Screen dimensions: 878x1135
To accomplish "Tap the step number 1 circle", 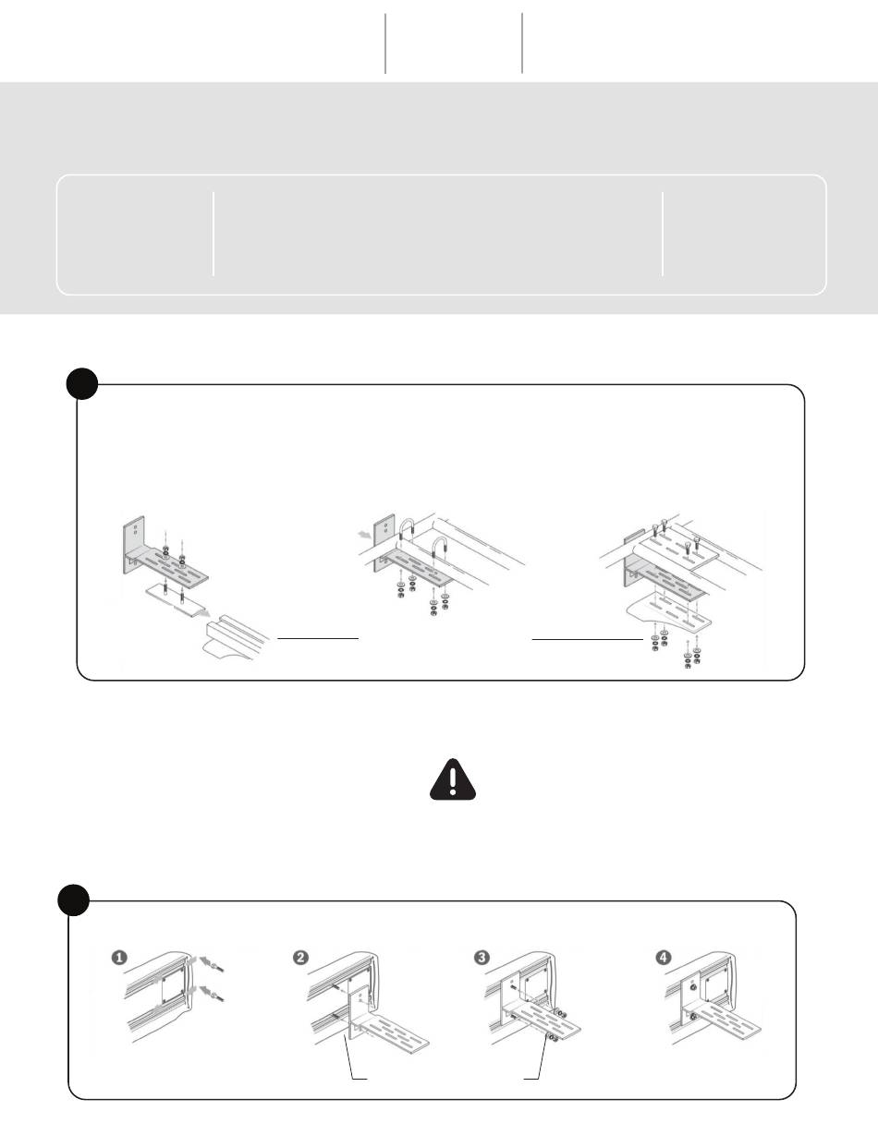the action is coord(119,958).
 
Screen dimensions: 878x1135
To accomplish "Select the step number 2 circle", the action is coord(300,958).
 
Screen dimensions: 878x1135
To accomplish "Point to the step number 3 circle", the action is coord(482,958).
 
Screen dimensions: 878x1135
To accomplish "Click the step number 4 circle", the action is coord(664,958).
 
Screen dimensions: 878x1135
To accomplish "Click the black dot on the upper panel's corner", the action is coord(82,384).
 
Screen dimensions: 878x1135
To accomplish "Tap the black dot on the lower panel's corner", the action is coord(74,900).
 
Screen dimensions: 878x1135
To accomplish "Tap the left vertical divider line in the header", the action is coord(385,43).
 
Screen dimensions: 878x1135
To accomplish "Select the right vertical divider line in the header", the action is coord(522,43).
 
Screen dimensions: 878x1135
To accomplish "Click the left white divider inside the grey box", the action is coord(213,234).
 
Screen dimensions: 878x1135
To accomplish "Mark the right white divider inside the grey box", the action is coord(663,234).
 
